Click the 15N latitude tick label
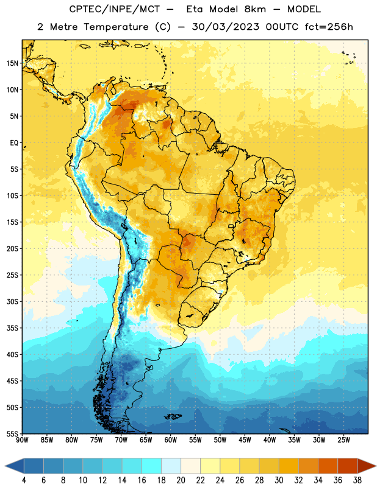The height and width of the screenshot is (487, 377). [x=12, y=63]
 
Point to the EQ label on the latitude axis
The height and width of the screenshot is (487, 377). [x=14, y=143]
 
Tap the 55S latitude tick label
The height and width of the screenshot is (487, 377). [x=12, y=433]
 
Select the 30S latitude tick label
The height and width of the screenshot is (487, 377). [x=12, y=301]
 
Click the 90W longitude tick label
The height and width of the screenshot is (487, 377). [x=22, y=440]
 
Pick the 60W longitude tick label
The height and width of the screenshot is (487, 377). [x=171, y=440]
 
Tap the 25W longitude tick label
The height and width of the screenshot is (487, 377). [x=343, y=440]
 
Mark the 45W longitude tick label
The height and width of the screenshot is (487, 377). [x=245, y=440]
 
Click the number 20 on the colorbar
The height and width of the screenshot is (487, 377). [x=181, y=480]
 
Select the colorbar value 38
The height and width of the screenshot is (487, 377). [x=357, y=480]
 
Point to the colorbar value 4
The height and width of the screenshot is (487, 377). [x=24, y=480]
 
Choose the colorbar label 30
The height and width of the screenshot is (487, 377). [x=279, y=480]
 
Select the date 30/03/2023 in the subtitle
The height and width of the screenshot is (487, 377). [x=225, y=27]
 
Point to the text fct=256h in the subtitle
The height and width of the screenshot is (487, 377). [x=329, y=27]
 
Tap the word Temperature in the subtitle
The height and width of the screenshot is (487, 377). [x=116, y=27]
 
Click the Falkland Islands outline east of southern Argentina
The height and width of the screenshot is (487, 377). [x=173, y=416]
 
